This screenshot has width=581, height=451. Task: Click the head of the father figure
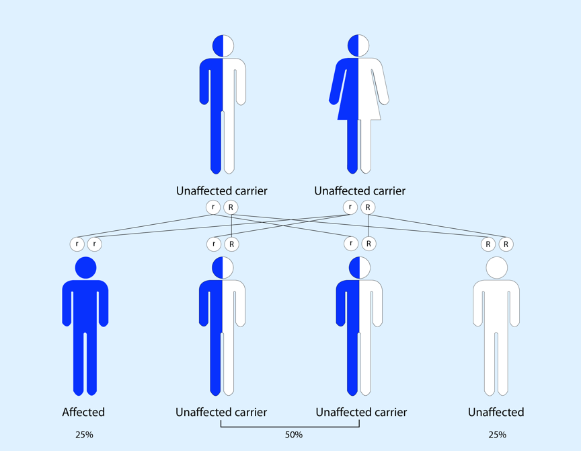click(x=223, y=46)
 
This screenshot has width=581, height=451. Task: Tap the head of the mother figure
click(x=358, y=46)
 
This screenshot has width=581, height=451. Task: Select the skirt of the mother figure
click(x=358, y=104)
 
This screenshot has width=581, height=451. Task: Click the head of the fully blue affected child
click(x=85, y=267)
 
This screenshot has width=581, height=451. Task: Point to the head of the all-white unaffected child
click(x=496, y=267)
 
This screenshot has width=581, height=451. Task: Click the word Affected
click(x=83, y=412)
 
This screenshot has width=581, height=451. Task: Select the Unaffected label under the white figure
click(x=496, y=412)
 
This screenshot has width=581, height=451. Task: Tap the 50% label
click(x=294, y=435)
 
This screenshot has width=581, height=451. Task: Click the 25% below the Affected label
click(x=84, y=435)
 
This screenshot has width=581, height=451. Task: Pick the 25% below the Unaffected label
click(x=497, y=435)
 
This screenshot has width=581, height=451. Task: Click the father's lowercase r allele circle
click(x=213, y=207)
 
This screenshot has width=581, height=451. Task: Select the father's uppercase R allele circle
click(x=231, y=207)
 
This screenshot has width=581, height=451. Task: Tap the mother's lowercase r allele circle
click(x=350, y=207)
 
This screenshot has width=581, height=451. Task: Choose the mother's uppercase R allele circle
click(x=368, y=207)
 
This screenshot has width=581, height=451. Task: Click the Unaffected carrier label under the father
click(x=221, y=190)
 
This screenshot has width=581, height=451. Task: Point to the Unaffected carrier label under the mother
click(x=360, y=190)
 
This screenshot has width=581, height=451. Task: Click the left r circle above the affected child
click(x=77, y=244)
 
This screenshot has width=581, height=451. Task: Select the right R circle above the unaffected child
click(x=506, y=244)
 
